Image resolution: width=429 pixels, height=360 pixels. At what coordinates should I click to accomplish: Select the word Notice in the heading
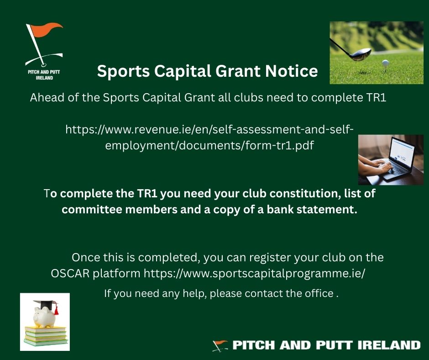(293, 71)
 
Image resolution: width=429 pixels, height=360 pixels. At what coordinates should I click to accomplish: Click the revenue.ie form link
(209, 138)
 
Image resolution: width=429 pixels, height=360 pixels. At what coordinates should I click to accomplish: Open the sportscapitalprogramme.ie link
(255, 274)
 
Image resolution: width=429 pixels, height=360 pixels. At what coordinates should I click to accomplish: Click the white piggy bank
(44, 317)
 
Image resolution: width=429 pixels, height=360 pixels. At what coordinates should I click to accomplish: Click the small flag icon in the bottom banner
(220, 345)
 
